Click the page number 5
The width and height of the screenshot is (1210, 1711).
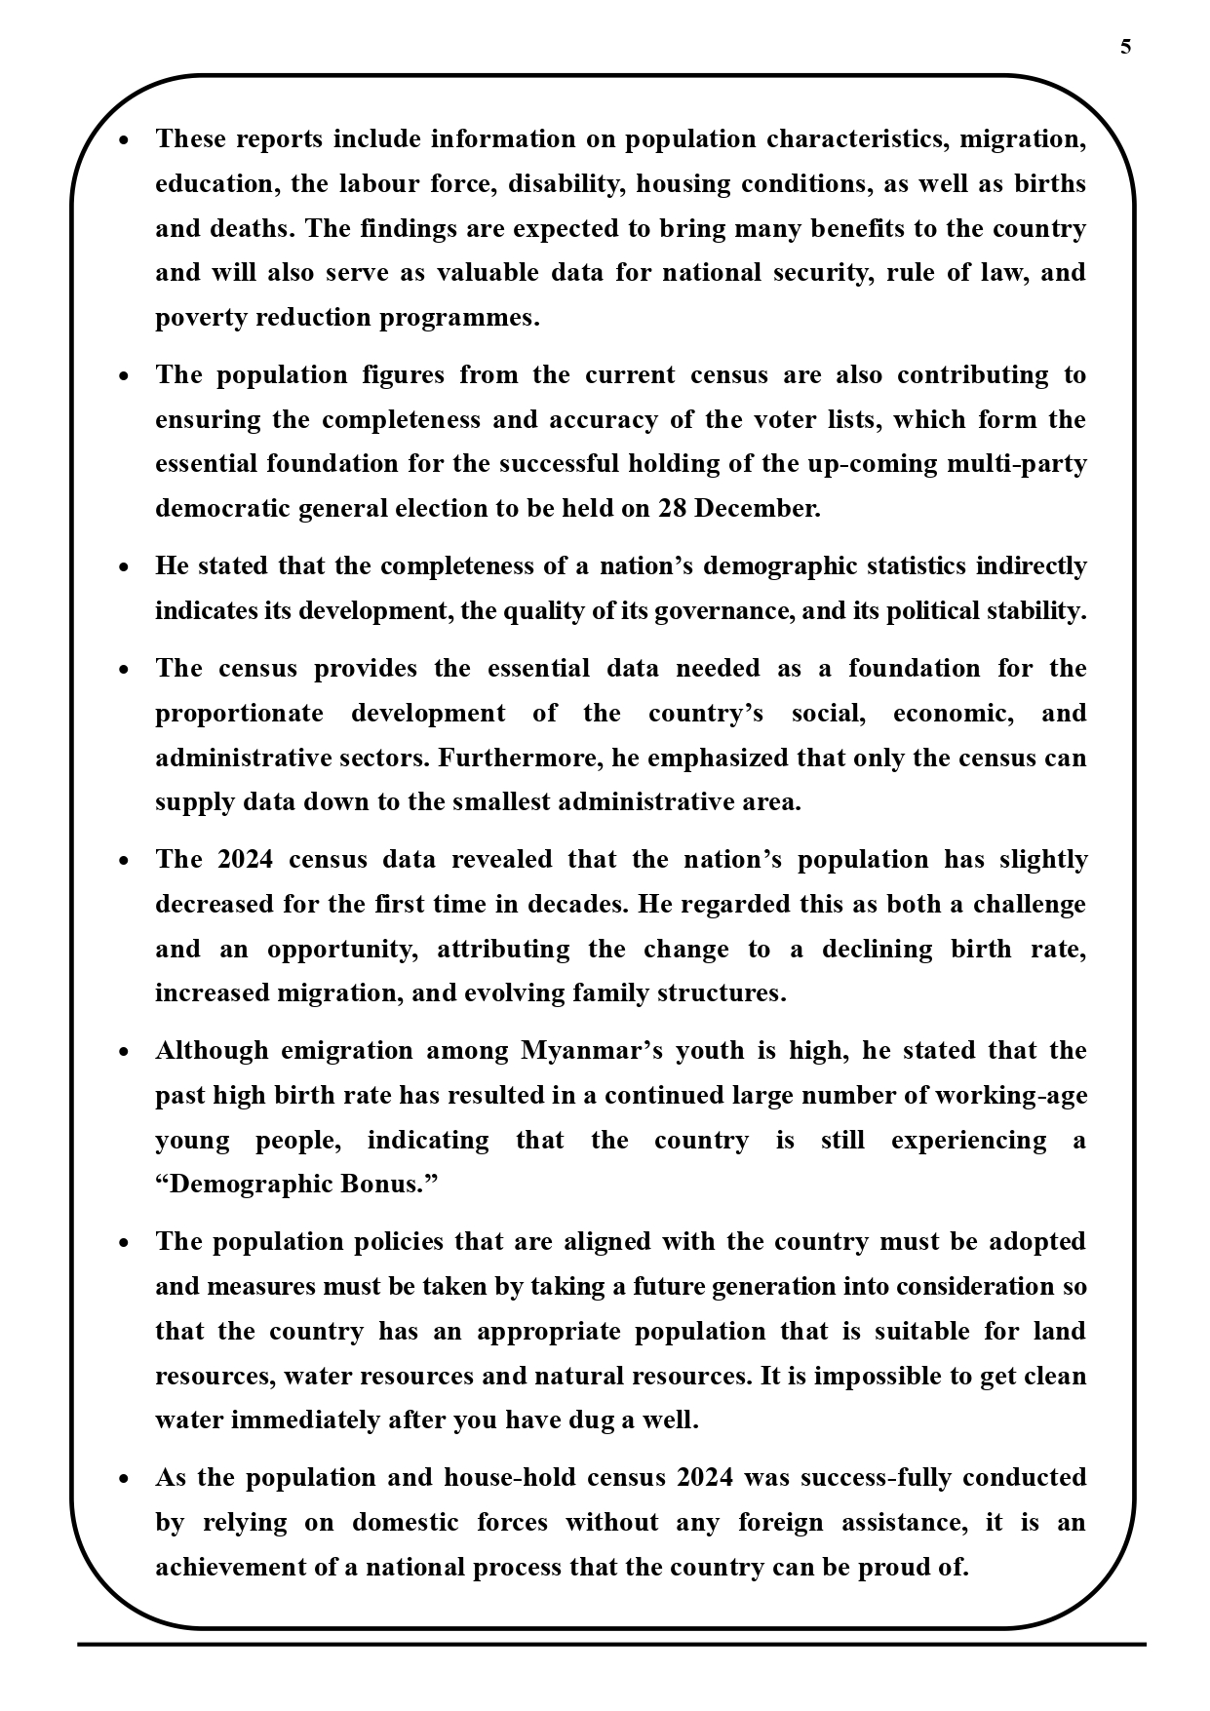tap(1126, 47)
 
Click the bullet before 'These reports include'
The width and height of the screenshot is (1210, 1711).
tap(124, 140)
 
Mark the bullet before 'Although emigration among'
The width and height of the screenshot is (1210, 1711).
tap(124, 1052)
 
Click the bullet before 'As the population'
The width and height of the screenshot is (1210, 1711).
tap(124, 1479)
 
